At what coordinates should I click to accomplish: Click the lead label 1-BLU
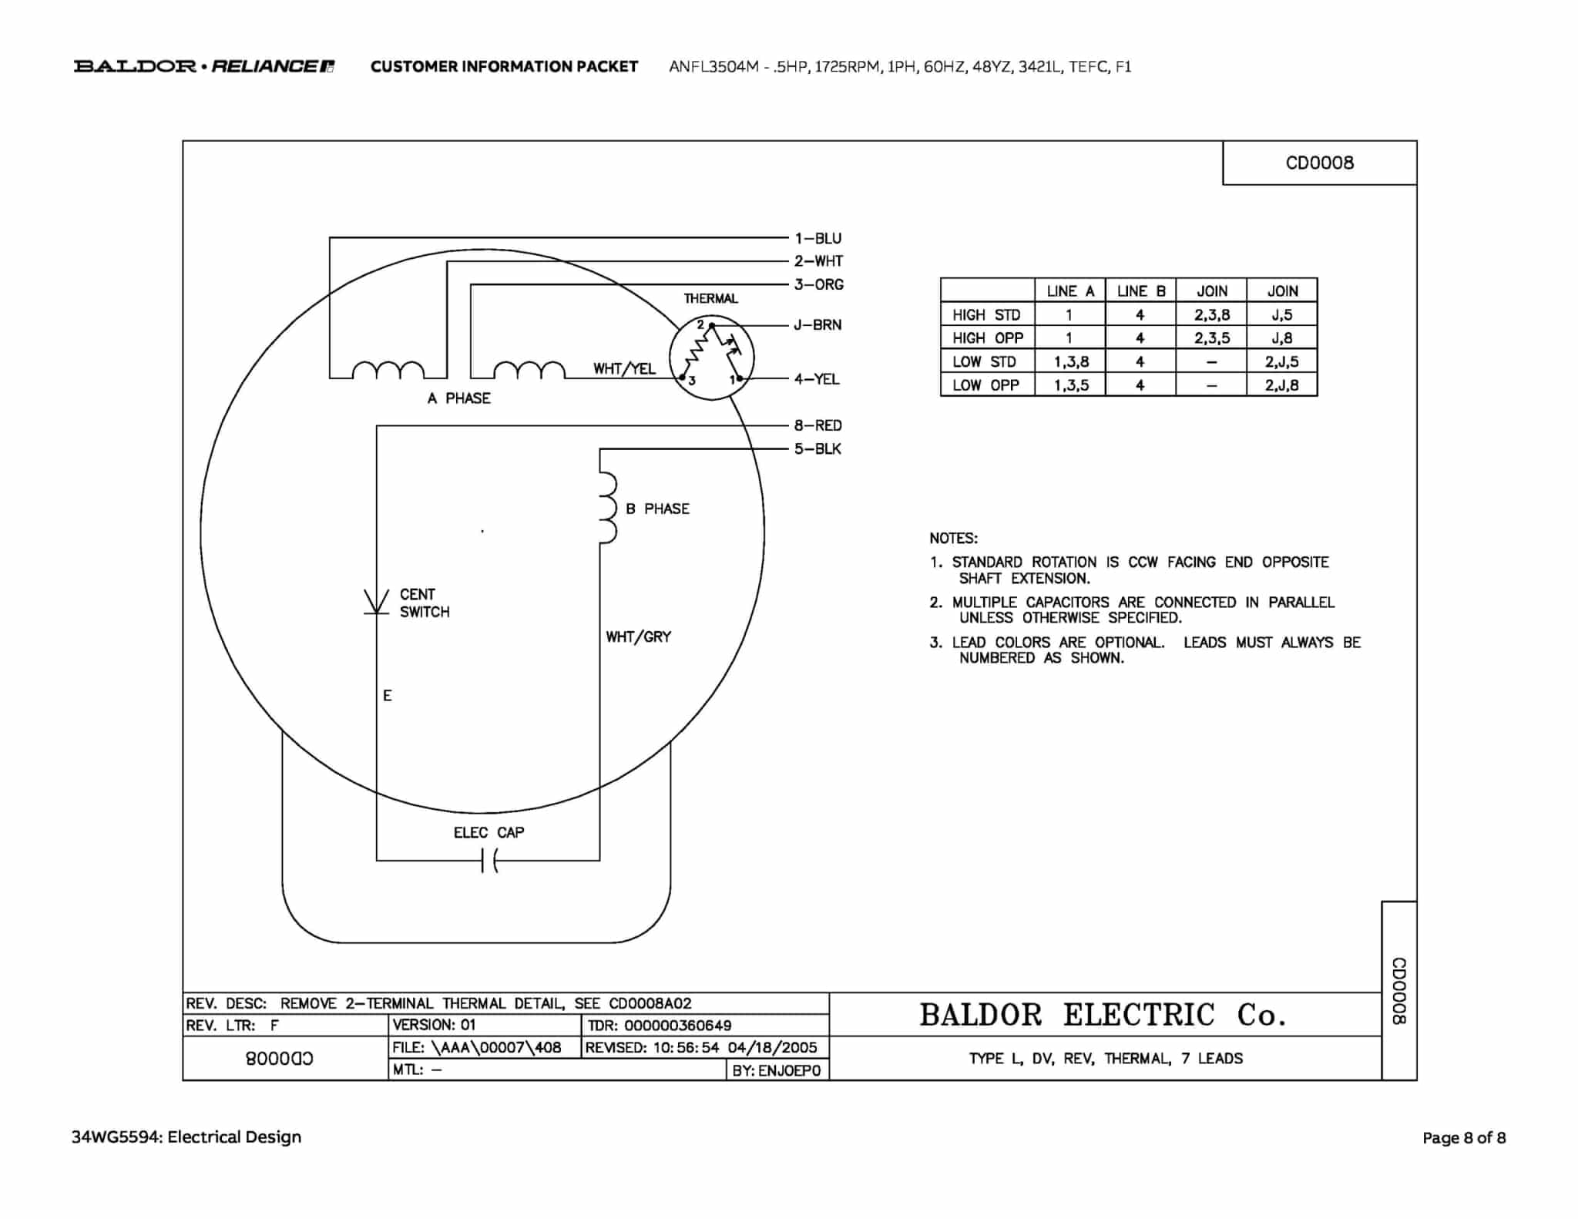[x=818, y=238]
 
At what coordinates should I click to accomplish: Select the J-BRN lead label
[x=818, y=324]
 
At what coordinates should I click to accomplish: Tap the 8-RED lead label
[x=818, y=425]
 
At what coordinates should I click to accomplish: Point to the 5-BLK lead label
[x=818, y=448]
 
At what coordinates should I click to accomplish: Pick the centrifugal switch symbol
[x=376, y=602]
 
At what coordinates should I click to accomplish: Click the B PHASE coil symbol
[x=608, y=509]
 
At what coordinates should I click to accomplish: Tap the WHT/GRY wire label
[x=638, y=636]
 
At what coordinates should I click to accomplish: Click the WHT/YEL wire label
[x=624, y=368]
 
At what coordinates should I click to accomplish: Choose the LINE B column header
[x=1141, y=290]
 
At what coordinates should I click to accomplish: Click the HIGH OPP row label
[x=988, y=337]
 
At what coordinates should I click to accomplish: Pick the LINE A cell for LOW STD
[x=1071, y=361]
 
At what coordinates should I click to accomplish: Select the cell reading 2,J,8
[x=1282, y=385]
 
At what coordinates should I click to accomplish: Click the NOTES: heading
[x=953, y=538]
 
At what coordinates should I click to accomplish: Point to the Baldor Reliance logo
[x=204, y=66]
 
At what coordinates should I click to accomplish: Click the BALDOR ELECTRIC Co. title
[x=1103, y=1015]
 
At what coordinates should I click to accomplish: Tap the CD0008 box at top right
[x=1320, y=163]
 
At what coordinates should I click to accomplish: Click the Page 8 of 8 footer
[x=1464, y=1137]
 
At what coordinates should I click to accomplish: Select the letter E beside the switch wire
[x=388, y=695]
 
